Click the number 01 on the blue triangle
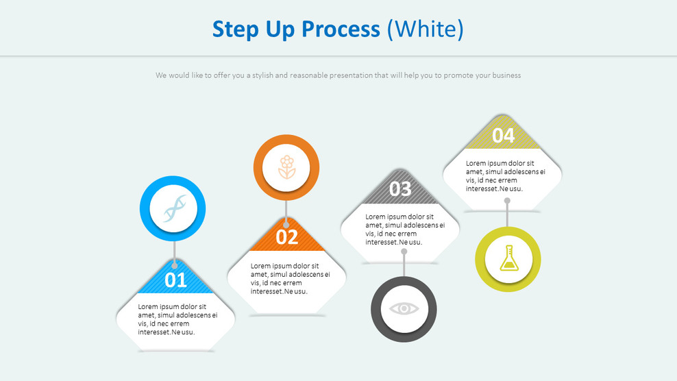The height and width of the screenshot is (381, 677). click(x=175, y=280)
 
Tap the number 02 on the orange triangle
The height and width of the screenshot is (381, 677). click(x=287, y=237)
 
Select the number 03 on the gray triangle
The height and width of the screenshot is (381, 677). click(x=400, y=188)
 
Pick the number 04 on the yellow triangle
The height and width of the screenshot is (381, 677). click(x=503, y=136)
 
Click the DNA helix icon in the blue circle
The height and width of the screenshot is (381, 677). click(x=174, y=209)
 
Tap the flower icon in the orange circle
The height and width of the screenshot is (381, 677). click(x=286, y=168)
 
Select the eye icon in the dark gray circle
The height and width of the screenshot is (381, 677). click(x=404, y=308)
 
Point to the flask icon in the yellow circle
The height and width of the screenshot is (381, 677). click(x=508, y=259)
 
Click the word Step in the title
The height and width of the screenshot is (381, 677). click(x=235, y=29)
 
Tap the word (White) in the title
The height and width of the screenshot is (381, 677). click(x=425, y=29)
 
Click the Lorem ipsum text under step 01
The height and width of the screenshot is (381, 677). click(x=177, y=319)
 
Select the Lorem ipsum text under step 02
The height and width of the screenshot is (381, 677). click(x=290, y=278)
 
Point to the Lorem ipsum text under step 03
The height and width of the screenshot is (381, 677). click(x=404, y=229)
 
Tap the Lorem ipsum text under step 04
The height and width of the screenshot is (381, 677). click(x=506, y=175)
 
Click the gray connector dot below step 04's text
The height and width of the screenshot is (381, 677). click(x=507, y=201)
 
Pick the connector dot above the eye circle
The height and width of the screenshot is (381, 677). click(x=404, y=251)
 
